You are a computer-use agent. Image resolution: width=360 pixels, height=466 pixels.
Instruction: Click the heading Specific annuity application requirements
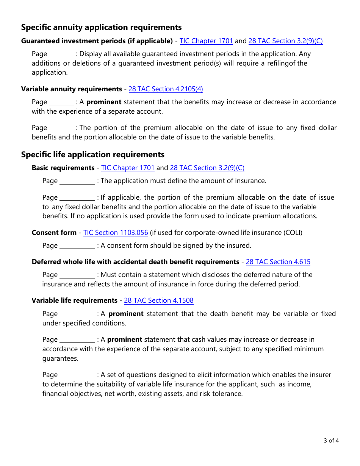coord(101,27)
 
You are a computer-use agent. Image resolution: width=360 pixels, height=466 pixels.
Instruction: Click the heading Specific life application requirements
coord(93,155)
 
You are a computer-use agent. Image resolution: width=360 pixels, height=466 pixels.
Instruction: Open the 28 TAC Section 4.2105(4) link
coord(166,89)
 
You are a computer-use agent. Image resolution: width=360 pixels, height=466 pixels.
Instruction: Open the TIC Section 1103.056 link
coord(116,233)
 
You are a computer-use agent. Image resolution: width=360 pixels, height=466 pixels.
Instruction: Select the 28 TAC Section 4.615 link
coord(278,262)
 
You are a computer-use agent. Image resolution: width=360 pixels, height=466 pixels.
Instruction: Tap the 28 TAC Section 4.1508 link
coord(159,300)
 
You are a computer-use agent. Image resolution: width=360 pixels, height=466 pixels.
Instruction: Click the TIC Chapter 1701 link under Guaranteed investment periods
coord(206,41)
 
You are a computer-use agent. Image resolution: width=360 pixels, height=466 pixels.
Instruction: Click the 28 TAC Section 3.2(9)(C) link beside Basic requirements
coord(207,168)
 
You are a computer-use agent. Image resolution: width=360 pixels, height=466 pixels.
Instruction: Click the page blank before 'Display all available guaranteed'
coord(62,54)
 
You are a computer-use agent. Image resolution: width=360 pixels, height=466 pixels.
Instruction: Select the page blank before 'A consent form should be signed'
coord(78,246)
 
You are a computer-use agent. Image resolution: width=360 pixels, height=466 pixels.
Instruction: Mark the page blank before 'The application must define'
coord(78,181)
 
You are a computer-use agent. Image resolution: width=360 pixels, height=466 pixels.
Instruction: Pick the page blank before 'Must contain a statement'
coord(78,275)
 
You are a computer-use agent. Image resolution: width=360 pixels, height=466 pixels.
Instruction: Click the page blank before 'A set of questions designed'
coord(78,375)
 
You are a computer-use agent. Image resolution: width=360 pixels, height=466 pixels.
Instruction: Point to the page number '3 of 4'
coord(331,441)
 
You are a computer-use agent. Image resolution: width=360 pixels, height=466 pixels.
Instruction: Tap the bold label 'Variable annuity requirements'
coord(72,89)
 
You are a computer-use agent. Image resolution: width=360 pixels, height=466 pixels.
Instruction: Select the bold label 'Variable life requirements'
coord(74,300)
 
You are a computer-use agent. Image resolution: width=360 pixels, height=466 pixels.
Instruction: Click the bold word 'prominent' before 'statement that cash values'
coord(125,339)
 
